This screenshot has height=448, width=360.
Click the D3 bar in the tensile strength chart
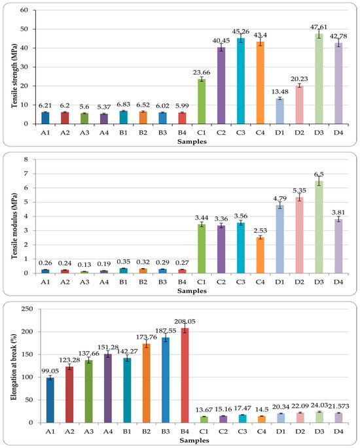(319, 78)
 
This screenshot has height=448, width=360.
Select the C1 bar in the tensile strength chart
(202, 101)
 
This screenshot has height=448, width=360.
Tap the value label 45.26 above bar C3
(240, 31)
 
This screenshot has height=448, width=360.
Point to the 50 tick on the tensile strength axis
(24, 29)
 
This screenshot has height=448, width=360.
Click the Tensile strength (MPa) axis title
(14, 76)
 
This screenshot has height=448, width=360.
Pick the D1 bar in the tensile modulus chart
(279, 239)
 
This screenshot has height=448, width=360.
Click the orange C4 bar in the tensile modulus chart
(261, 255)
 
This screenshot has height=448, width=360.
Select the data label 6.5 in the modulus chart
(319, 174)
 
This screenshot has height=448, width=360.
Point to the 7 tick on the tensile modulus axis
(26, 174)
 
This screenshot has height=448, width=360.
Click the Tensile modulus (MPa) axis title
(14, 226)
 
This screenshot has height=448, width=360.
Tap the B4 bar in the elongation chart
(185, 375)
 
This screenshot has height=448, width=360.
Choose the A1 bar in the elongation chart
(50, 400)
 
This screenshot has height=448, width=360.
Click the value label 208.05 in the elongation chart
(185, 321)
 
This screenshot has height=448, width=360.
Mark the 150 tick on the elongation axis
(27, 354)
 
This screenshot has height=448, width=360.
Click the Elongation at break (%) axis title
(14, 366)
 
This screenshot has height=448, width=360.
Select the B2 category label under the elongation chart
(146, 432)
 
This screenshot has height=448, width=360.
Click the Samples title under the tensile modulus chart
(192, 291)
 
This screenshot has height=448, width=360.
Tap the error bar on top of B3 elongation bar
(166, 337)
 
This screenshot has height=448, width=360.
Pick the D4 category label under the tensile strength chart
(338, 133)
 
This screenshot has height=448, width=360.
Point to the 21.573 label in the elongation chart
(338, 406)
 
